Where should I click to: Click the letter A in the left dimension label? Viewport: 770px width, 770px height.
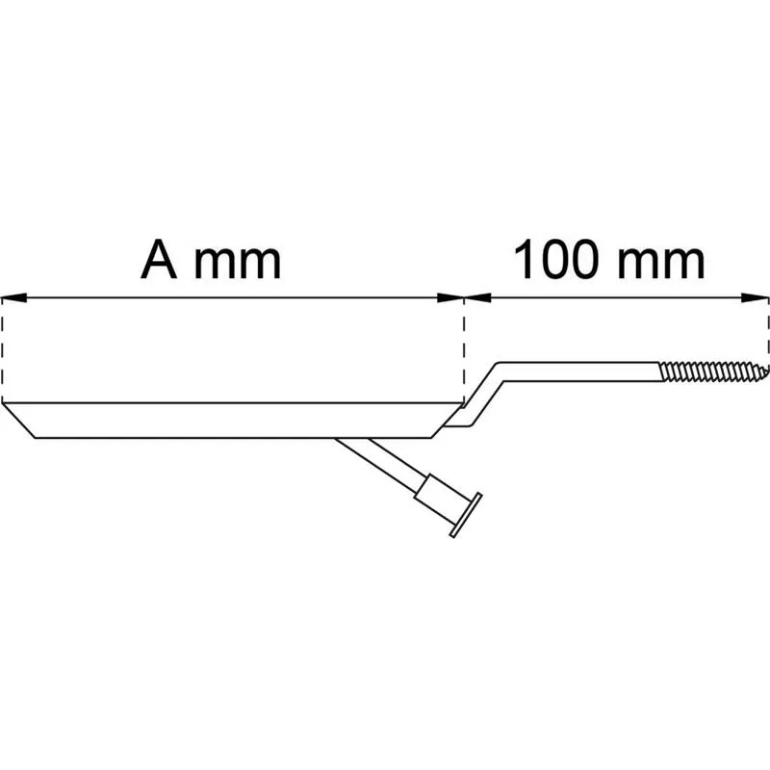click(x=159, y=260)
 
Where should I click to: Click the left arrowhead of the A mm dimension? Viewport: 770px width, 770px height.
click(x=13, y=297)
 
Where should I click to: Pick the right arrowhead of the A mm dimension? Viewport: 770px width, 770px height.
click(x=450, y=297)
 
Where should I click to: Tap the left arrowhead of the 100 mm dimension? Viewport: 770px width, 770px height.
click(x=477, y=297)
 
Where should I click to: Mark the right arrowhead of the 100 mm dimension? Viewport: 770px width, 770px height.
click(x=756, y=297)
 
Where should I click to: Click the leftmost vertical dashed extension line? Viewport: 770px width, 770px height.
click(x=3, y=349)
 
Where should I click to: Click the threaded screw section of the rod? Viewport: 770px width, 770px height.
click(x=713, y=372)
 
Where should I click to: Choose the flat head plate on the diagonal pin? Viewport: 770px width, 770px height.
click(x=466, y=515)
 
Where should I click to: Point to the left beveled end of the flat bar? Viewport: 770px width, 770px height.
click(x=18, y=421)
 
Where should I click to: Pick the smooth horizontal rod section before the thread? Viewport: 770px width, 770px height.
click(x=579, y=372)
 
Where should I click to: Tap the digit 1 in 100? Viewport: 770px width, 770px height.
click(x=525, y=260)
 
